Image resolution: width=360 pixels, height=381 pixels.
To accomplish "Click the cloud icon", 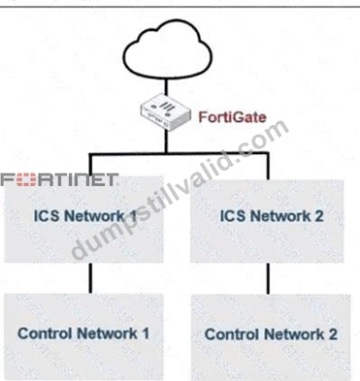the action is click(x=168, y=48).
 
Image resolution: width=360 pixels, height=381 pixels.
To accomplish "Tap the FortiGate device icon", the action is click(x=165, y=112).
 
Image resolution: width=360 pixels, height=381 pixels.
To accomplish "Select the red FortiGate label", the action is click(x=232, y=117).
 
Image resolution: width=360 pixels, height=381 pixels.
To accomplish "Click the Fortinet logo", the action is click(x=59, y=180).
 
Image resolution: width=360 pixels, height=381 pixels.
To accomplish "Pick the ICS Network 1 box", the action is click(x=83, y=219).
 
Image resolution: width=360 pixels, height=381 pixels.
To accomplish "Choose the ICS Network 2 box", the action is click(x=267, y=221).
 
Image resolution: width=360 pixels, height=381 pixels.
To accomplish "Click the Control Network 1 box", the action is click(x=83, y=336).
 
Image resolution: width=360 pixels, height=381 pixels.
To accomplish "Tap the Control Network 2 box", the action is click(x=271, y=337).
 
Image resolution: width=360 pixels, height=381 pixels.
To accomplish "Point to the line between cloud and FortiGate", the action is click(x=166, y=86).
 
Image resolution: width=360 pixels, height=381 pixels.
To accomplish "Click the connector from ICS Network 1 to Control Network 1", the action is click(x=90, y=278).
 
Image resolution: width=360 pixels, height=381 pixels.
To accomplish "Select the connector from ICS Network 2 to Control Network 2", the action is click(x=268, y=278).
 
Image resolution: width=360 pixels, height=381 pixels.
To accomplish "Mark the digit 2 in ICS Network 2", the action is click(x=319, y=216).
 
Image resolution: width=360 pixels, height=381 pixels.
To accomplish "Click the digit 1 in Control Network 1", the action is click(x=146, y=333).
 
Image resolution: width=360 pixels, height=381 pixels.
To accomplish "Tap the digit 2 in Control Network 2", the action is click(x=333, y=334).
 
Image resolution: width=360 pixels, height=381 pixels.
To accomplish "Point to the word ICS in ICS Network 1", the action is click(x=47, y=216).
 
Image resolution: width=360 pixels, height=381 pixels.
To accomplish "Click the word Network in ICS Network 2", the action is click(x=281, y=216).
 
